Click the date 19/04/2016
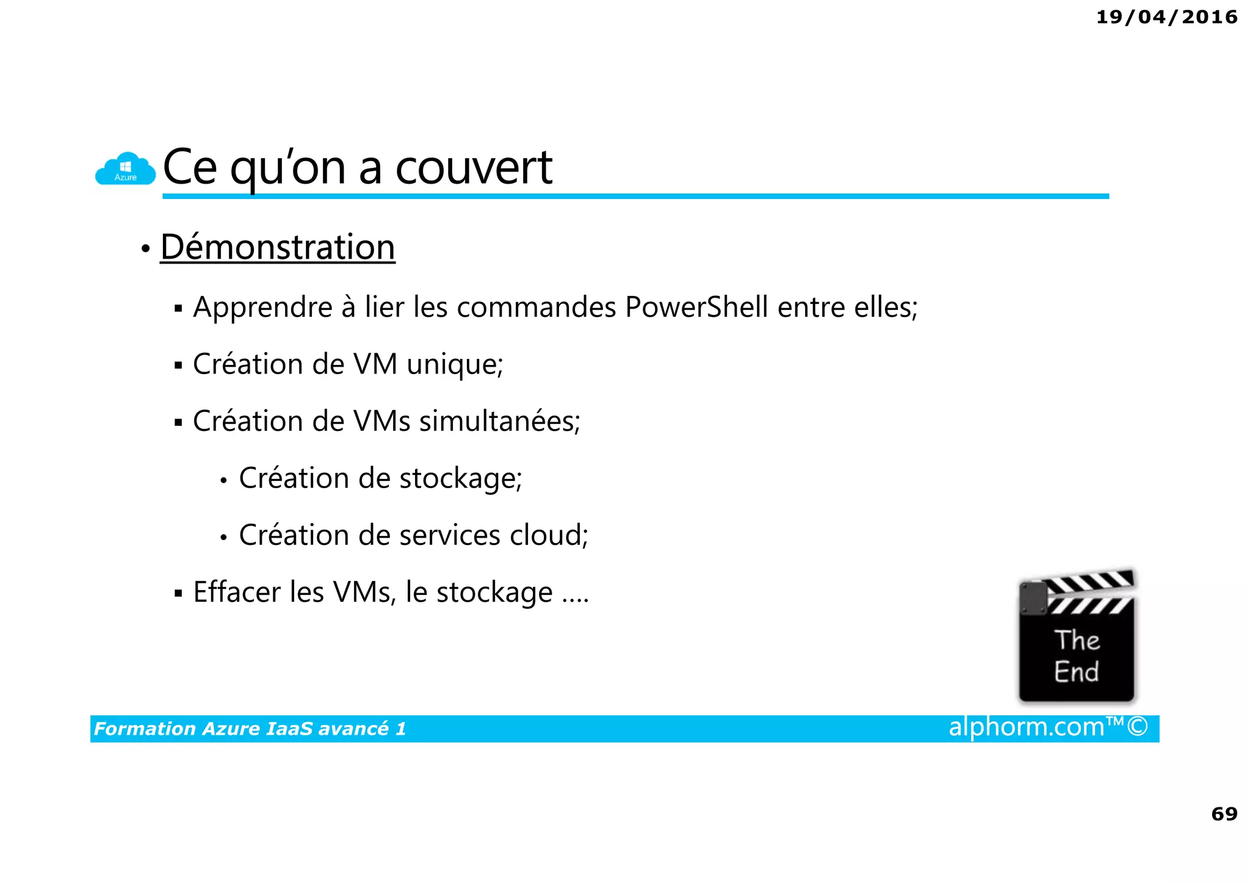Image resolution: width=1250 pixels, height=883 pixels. click(x=1166, y=17)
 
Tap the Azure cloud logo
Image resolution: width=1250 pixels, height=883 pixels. click(x=125, y=169)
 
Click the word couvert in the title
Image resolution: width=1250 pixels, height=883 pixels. click(x=474, y=167)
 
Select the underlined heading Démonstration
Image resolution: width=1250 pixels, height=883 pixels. click(x=278, y=247)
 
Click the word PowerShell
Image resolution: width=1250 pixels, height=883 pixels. click(x=696, y=307)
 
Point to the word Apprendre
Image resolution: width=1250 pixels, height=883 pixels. click(x=262, y=307)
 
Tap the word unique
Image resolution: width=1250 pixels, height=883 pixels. click(x=453, y=364)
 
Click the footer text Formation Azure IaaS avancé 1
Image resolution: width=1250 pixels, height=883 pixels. click(x=250, y=729)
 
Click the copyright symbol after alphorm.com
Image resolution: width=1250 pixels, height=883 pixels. click(x=1138, y=727)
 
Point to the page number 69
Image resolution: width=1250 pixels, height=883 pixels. click(x=1224, y=813)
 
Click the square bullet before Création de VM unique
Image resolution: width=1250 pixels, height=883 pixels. click(x=178, y=366)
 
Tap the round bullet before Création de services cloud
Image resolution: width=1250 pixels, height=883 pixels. click(x=224, y=537)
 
